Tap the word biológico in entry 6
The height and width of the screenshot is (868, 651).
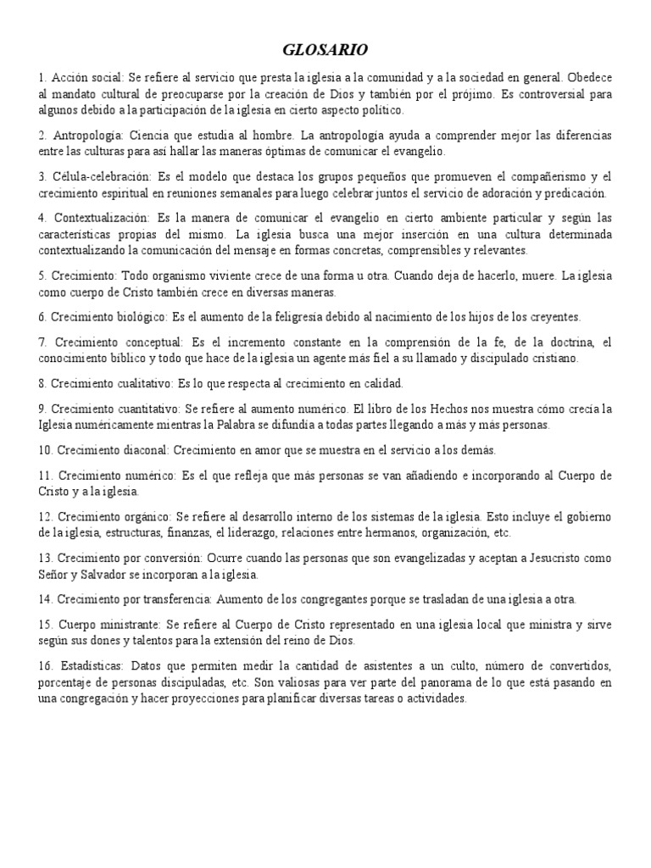141,316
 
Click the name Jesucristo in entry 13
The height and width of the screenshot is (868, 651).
550,558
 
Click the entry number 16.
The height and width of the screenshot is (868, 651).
47,665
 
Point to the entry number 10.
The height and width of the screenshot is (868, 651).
47,449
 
